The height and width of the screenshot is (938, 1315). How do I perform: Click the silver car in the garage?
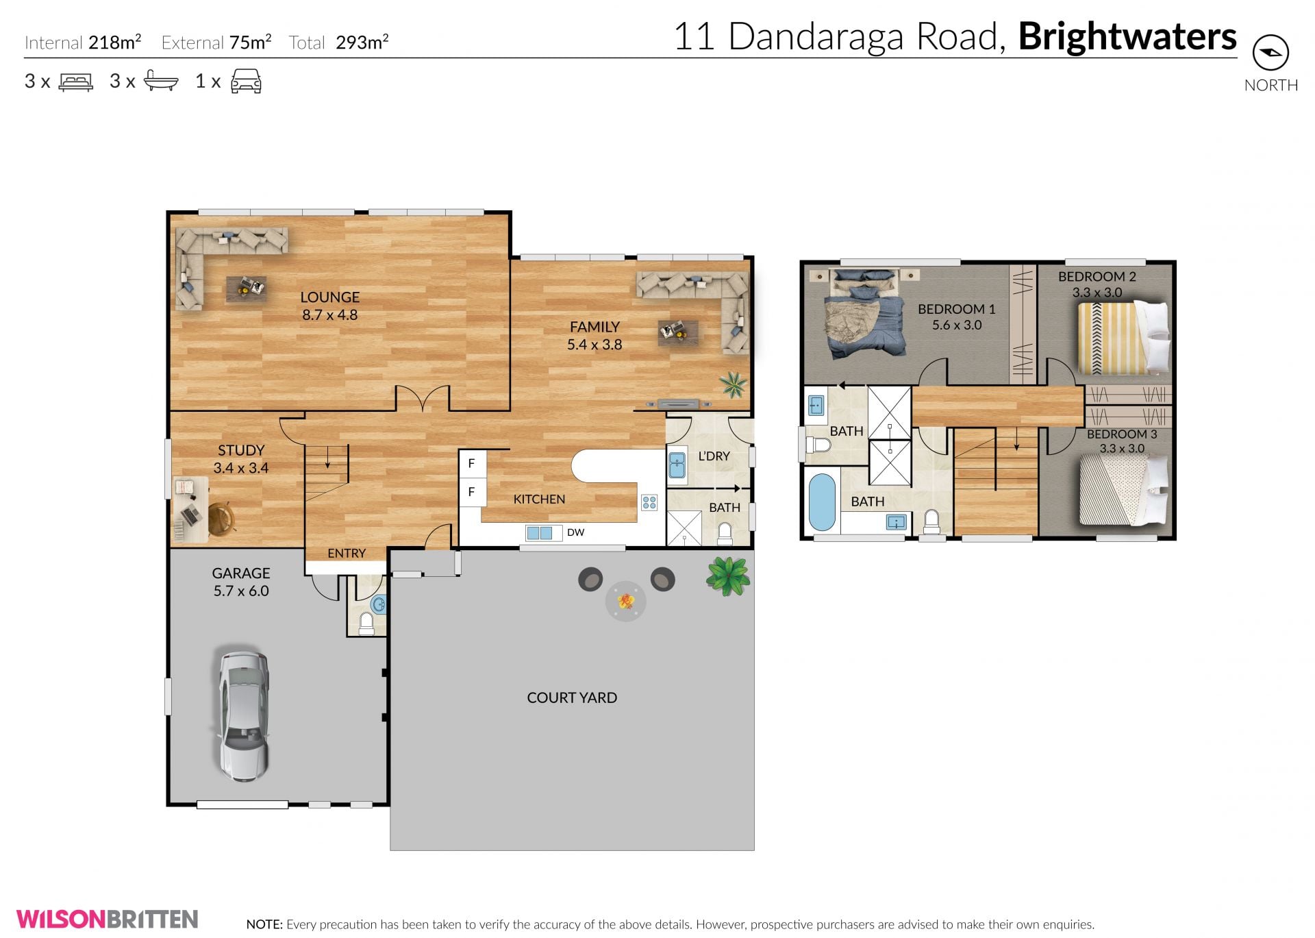[244, 716]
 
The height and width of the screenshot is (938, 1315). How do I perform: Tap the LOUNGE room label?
[329, 297]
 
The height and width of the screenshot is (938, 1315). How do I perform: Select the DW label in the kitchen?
[575, 532]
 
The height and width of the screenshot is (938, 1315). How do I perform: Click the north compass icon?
[1270, 53]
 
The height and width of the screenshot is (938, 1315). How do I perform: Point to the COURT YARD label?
[572, 698]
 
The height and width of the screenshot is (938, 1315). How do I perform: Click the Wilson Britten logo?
[108, 919]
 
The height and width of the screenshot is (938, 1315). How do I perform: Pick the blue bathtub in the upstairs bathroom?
[822, 502]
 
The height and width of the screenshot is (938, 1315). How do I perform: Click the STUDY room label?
[241, 450]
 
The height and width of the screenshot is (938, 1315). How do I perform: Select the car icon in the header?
[246, 81]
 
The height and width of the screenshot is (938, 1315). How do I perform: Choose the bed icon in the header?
[76, 82]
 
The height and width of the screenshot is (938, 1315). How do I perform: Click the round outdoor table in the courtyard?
[625, 602]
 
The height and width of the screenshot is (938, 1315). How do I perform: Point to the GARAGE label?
[241, 573]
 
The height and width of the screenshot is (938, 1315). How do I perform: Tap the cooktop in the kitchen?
[649, 503]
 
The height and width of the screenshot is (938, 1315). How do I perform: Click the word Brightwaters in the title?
[1127, 37]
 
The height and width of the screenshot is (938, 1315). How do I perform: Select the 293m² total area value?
[362, 42]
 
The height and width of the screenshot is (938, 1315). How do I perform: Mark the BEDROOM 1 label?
[957, 309]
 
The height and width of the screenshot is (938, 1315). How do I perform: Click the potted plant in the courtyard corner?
[728, 575]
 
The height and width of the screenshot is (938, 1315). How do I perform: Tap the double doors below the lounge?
[423, 398]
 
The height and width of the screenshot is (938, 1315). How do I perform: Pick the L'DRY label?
[714, 456]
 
